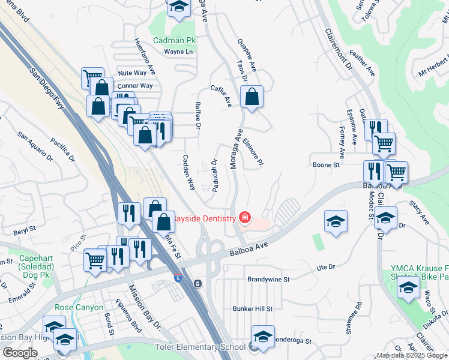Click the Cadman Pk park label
175,40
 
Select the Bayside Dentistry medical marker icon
244,217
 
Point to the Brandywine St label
268,280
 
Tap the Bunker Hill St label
253,309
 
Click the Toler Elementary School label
205,346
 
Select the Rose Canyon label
76,307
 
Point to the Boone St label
327,164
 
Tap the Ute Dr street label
325,266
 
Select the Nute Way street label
133,73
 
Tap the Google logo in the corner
20,353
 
